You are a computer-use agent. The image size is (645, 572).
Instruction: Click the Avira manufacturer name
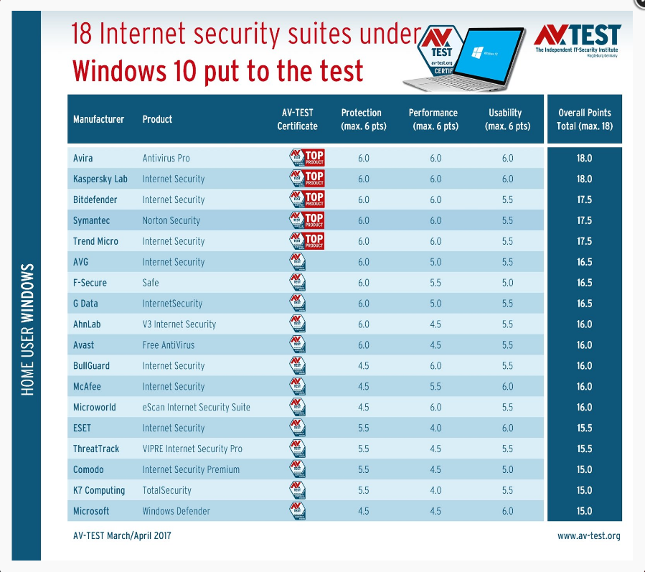[x=83, y=158]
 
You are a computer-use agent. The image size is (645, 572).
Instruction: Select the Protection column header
[x=362, y=119]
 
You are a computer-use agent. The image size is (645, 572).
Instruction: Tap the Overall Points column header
[x=584, y=119]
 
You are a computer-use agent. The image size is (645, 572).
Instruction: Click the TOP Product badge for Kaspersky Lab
[x=306, y=179]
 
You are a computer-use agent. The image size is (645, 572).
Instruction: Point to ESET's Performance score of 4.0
[x=436, y=428]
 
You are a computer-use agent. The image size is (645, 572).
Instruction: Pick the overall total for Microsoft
[x=584, y=511]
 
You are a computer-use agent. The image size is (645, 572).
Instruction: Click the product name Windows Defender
[x=176, y=511]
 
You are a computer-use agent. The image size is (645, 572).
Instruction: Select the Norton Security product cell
[x=171, y=220]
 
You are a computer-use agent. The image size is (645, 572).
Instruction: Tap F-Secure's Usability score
[x=507, y=283]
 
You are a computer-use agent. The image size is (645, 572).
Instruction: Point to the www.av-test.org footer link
[x=588, y=535]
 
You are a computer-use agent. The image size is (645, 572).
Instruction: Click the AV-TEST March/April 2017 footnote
[x=122, y=535]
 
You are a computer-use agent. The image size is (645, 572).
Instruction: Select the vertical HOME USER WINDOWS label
[x=28, y=329]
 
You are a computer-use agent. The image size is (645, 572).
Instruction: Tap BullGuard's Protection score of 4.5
[x=363, y=365]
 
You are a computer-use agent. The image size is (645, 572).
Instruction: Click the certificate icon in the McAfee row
[x=297, y=386]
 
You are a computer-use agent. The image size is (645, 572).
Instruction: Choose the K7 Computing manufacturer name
[x=99, y=490]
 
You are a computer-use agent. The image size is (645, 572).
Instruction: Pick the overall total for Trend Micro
[x=584, y=241]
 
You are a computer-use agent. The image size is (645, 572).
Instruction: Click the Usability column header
[x=507, y=119]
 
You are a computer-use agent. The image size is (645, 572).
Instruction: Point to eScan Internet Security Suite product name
[x=196, y=407]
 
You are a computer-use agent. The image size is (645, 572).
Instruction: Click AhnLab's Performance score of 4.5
[x=436, y=324]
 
